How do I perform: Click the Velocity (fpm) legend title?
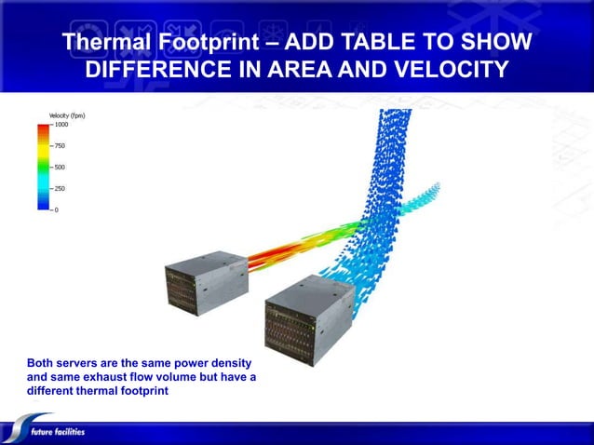(x=67, y=115)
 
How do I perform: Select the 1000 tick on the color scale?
(x=60, y=125)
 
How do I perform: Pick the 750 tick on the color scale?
(x=59, y=146)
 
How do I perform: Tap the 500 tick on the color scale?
(x=59, y=168)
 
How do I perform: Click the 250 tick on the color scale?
(x=59, y=189)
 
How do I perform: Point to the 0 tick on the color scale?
(x=55, y=209)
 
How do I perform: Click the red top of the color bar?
(x=43, y=128)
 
